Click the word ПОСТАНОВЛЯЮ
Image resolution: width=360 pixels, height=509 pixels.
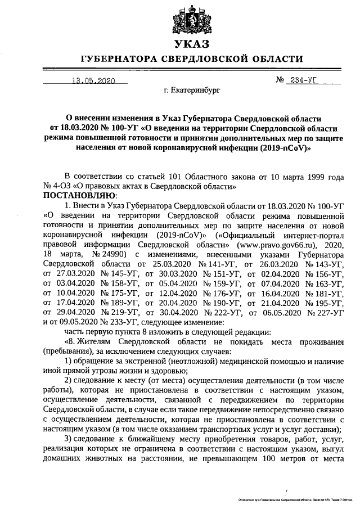tap(79, 194)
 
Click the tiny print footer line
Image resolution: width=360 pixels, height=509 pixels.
tap(295, 499)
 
